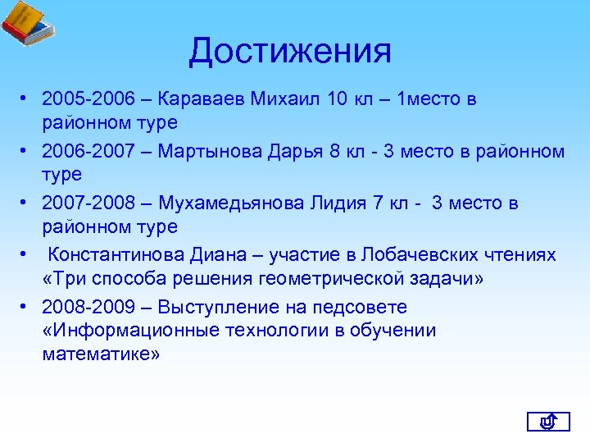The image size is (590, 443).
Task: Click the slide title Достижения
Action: pyautogui.click(x=290, y=52)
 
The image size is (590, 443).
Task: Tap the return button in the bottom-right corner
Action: pyautogui.click(x=547, y=422)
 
